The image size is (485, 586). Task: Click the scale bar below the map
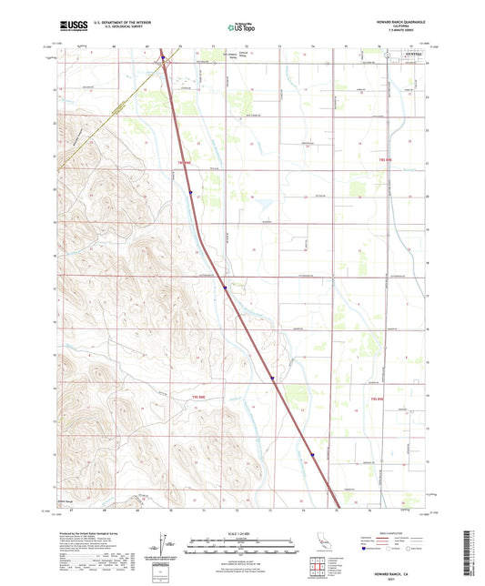pyautogui.click(x=241, y=543)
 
